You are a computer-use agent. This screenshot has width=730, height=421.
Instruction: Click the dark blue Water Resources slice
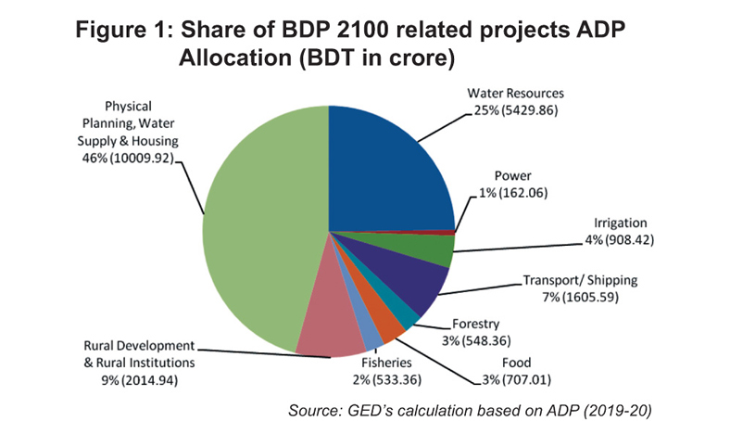pos(389,167)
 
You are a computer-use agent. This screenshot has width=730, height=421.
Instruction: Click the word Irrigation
pos(618,223)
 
